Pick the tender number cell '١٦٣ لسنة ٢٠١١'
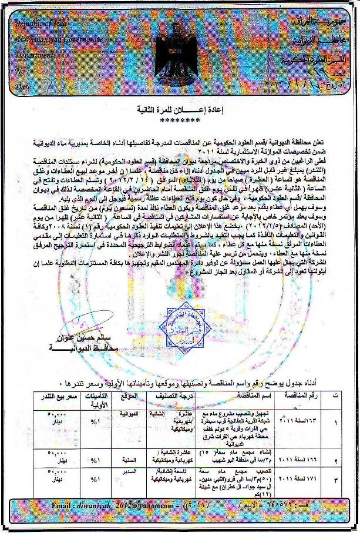[x=305, y=422]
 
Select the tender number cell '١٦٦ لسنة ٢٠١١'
[x=305, y=458]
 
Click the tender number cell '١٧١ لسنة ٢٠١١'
[x=305, y=481]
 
